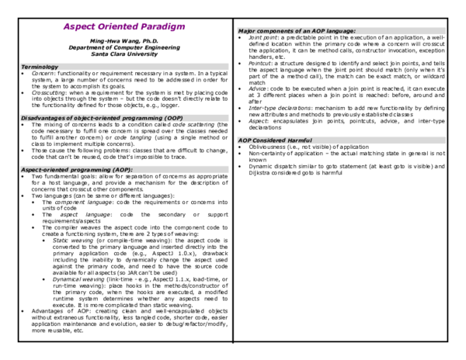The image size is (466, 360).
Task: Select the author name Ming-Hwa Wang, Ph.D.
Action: point(117,40)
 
